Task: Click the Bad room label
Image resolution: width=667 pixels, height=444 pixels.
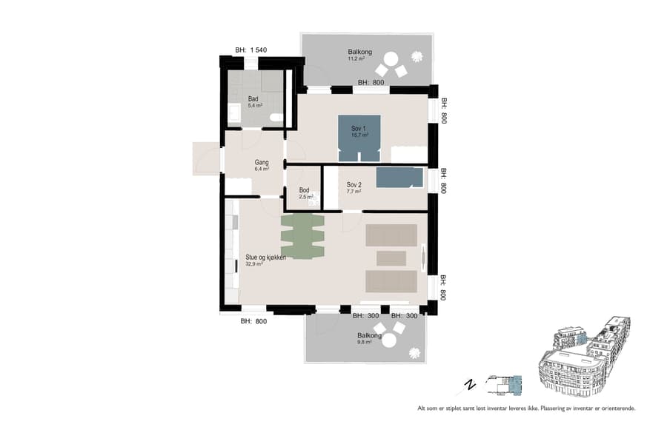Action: coord(253,98)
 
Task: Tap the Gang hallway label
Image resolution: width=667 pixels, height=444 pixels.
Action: coord(262,163)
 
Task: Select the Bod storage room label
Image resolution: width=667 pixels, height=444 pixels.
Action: coord(304,190)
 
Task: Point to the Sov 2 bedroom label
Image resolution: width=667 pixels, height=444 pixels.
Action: coord(354,184)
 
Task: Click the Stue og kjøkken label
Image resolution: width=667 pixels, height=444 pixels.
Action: coord(265,257)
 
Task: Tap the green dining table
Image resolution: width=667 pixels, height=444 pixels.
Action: coord(302,236)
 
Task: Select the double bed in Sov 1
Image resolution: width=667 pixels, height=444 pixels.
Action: coord(359,138)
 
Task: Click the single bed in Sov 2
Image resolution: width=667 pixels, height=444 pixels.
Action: coord(399,178)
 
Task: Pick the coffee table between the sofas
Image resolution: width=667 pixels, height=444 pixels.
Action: coord(391,258)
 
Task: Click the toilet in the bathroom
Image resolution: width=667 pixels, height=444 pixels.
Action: coord(276,117)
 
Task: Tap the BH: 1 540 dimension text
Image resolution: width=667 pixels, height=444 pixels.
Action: coord(250,50)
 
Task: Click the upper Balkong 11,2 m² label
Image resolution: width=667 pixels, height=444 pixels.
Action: coord(359,53)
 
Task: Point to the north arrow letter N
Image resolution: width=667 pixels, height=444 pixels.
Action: coord(469,384)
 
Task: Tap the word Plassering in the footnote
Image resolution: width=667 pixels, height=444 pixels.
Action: coord(559,408)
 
